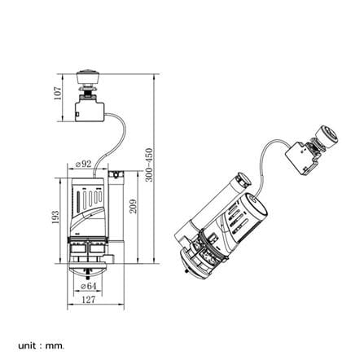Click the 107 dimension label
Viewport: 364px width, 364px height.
(58, 93)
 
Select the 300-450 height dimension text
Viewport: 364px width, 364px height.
(149, 164)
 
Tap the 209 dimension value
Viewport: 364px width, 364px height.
(133, 206)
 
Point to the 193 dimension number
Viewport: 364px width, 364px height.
(55, 217)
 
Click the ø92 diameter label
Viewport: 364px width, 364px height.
(83, 164)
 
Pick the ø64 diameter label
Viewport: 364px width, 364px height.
(89, 286)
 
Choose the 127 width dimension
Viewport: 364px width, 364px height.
(89, 300)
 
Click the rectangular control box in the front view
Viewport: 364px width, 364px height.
(90, 112)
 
